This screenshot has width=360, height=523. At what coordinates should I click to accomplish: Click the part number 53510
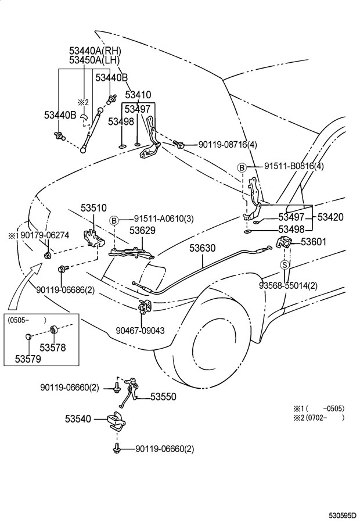(x=93, y=207)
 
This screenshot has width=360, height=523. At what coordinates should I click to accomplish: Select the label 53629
(x=142, y=231)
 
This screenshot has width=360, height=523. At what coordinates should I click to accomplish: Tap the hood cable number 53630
(x=202, y=248)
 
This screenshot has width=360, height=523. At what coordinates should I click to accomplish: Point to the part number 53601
(x=314, y=242)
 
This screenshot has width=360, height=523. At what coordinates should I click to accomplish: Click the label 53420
(x=330, y=217)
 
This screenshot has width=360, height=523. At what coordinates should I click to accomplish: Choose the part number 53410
(x=138, y=95)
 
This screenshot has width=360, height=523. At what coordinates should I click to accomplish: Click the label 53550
(x=163, y=397)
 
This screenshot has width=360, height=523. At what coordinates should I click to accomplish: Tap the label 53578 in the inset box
(x=52, y=348)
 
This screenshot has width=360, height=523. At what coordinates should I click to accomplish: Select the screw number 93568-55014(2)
(x=288, y=285)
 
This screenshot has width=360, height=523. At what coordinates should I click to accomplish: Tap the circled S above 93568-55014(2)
(x=285, y=264)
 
